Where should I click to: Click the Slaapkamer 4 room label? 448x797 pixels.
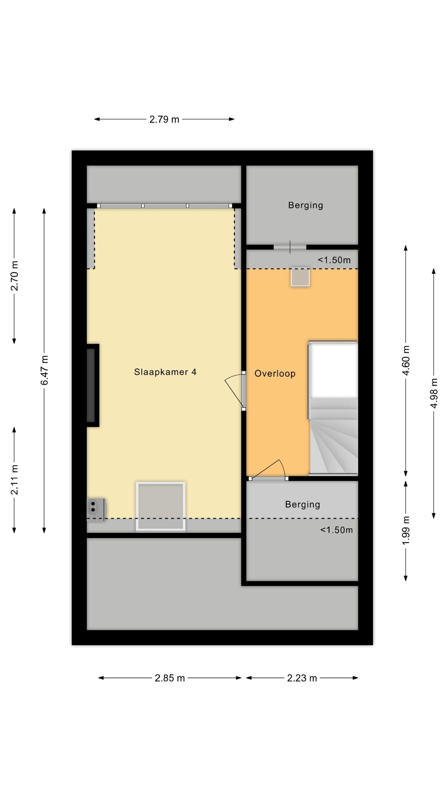pyautogui.click(x=165, y=372)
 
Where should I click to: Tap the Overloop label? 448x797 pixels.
pyautogui.click(x=275, y=374)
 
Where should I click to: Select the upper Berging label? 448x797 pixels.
pyautogui.click(x=306, y=205)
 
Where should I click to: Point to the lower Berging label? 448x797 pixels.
pyautogui.click(x=303, y=504)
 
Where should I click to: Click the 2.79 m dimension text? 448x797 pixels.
pyautogui.click(x=164, y=119)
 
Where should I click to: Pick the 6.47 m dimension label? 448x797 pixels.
pyautogui.click(x=44, y=370)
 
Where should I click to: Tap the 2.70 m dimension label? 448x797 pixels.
pyautogui.click(x=15, y=276)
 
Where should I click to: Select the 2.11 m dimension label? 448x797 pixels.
pyautogui.click(x=15, y=480)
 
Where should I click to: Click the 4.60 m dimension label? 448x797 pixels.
pyautogui.click(x=406, y=361)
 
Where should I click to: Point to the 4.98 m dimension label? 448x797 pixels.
pyautogui.click(x=434, y=393)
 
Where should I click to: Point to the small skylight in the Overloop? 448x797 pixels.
pyautogui.click(x=300, y=277)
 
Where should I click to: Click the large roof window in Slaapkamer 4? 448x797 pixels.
pyautogui.click(x=161, y=506)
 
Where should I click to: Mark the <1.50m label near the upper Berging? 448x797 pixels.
pyautogui.click(x=334, y=260)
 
